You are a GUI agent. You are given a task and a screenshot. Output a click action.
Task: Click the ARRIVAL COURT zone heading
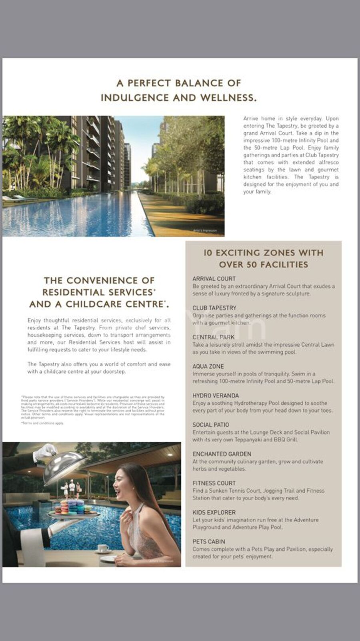214,279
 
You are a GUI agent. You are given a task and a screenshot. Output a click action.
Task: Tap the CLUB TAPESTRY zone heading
214,308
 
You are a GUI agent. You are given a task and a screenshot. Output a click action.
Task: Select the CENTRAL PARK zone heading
214,337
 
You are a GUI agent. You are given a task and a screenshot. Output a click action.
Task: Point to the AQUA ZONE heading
208,366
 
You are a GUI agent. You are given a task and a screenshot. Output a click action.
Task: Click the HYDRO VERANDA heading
216,395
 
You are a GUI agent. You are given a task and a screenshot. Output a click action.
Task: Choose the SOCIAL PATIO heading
211,425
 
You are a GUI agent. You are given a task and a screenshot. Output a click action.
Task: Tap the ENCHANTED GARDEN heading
222,454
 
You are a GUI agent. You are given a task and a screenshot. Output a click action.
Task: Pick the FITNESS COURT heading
214,483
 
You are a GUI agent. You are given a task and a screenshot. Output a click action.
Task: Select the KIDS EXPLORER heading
214,512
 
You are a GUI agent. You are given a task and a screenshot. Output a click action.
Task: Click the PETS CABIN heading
209,541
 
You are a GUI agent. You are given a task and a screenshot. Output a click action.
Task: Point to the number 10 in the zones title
208,253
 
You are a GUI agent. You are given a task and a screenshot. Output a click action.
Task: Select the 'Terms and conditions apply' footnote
42,423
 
